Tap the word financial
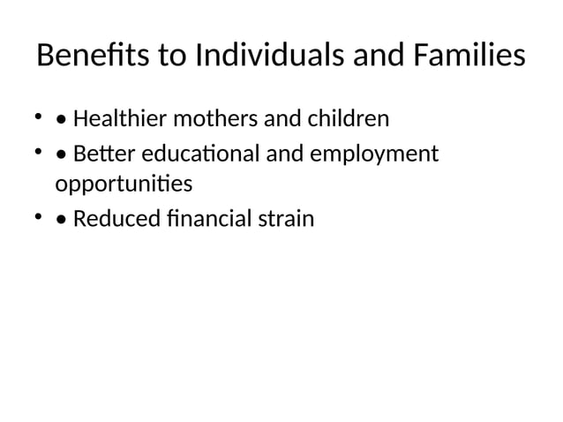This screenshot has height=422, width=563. point(205,217)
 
